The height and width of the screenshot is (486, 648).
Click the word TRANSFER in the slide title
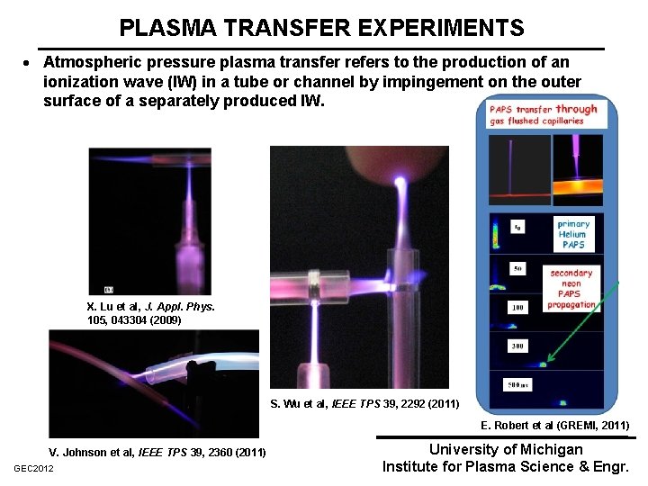click(x=277, y=28)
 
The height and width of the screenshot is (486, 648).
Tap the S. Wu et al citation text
click(x=364, y=402)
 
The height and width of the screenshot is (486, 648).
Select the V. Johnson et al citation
click(x=157, y=451)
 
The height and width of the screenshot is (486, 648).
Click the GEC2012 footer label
click(x=34, y=469)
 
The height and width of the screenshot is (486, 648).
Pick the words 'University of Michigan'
click(x=506, y=449)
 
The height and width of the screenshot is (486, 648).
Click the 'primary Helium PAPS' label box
click(x=573, y=234)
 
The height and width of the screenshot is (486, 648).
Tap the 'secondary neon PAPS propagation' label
click(x=571, y=288)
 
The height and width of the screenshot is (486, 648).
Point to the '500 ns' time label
click(x=516, y=386)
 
